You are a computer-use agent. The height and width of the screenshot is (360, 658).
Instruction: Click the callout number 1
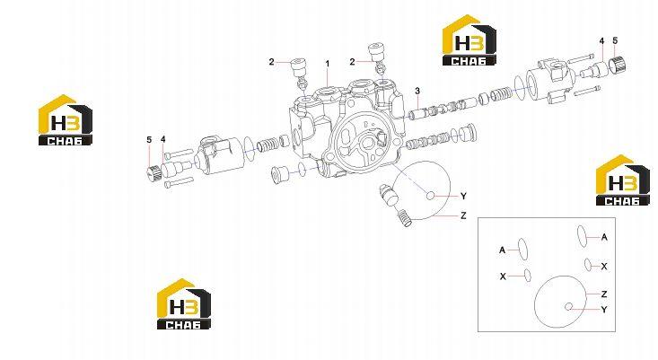328,64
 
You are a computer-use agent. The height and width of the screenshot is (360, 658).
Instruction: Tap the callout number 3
417,91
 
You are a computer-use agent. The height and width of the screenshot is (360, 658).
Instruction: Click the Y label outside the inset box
463,197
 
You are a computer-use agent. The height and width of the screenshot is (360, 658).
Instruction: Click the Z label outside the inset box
463,215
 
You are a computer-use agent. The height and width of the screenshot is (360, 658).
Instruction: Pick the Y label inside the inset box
604,310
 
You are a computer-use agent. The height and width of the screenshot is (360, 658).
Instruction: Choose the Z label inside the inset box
604,294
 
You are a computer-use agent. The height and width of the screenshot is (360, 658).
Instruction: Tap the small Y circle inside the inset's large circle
569,307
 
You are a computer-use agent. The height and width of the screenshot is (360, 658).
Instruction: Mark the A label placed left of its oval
503,250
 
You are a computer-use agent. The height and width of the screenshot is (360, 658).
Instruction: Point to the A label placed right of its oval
604,238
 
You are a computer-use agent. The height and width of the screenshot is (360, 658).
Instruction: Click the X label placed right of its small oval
604,267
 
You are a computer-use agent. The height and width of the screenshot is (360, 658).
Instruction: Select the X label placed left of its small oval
503,277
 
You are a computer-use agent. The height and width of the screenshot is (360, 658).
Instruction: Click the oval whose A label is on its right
582,235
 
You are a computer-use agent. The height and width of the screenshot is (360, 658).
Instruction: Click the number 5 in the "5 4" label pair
149,140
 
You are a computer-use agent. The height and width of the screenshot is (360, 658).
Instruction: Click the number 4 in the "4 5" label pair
601,41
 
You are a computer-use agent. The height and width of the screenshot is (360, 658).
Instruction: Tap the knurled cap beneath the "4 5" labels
619,65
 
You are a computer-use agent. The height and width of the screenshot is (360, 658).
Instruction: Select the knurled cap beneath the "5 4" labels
154,172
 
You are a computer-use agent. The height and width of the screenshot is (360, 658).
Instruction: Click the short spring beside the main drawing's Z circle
403,218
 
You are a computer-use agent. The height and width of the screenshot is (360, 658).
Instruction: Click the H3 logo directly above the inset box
617,180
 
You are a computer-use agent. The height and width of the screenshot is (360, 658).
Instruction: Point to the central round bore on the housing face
368,143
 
